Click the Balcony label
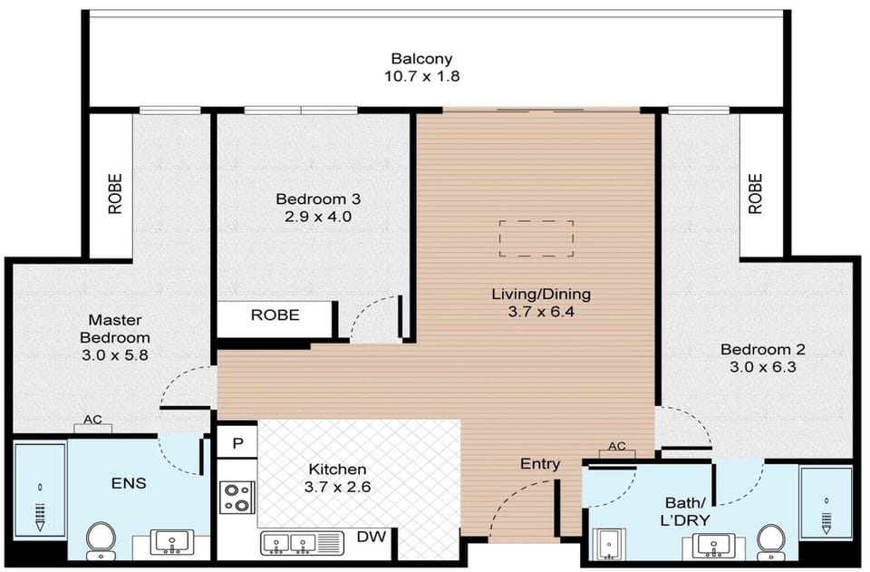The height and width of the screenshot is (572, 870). (x=421, y=58)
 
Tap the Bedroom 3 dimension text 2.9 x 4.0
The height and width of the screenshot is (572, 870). (x=318, y=217)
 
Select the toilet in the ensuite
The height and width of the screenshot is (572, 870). (x=101, y=540)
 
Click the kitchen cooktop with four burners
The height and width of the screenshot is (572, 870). (x=237, y=498)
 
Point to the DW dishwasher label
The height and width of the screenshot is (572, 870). (x=372, y=537)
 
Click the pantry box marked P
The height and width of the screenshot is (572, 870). (x=237, y=442)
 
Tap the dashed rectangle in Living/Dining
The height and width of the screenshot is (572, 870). (x=536, y=238)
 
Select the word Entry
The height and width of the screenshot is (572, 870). (x=540, y=464)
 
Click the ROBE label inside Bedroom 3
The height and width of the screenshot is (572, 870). (x=275, y=315)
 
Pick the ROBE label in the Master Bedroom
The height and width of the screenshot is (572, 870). (x=115, y=194)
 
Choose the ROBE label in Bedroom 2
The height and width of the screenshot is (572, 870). (x=755, y=194)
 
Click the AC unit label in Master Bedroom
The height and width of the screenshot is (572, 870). (x=92, y=420)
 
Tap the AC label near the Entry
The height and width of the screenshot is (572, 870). (x=617, y=446)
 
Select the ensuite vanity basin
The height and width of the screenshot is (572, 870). (x=172, y=542)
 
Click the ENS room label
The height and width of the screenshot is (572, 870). (x=129, y=482)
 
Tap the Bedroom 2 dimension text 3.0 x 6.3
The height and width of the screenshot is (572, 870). (x=762, y=367)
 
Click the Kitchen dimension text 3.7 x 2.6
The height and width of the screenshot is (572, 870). (x=337, y=487)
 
